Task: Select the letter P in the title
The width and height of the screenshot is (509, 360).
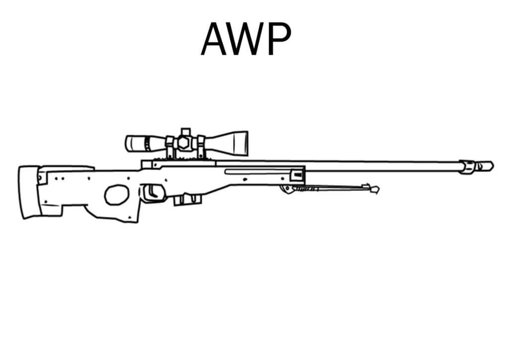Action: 279,39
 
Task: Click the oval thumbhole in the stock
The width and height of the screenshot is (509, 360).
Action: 116,195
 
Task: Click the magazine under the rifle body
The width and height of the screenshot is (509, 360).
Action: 187,199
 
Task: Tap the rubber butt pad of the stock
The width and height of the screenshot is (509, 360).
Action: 29,192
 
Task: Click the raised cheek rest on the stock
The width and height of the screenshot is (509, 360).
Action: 67,169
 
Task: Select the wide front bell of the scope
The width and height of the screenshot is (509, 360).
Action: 231,144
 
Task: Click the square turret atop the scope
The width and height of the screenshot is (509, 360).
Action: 186,132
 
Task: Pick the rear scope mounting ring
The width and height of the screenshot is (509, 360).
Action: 170,147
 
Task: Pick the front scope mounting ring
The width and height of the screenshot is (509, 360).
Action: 201,147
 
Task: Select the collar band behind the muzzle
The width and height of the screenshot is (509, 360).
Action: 467,167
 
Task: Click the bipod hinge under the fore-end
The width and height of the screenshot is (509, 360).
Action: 288,189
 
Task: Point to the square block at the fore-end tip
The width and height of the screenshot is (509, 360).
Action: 297,176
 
